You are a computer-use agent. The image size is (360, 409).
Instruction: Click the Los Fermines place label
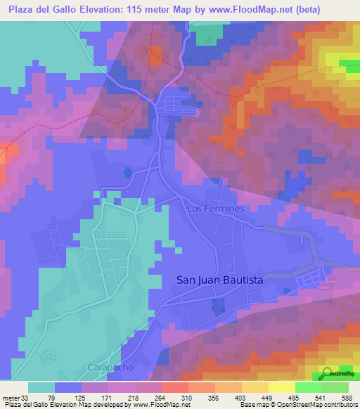tap(216, 209)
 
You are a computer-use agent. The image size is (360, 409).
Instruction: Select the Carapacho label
tap(111, 368)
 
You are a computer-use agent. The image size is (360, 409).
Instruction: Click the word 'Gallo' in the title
tap(63, 10)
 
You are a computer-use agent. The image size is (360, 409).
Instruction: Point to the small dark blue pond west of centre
tap(127, 171)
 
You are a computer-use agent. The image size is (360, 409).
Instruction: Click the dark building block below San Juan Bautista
tap(218, 306)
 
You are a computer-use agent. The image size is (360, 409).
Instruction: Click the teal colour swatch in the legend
tap(41, 387)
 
